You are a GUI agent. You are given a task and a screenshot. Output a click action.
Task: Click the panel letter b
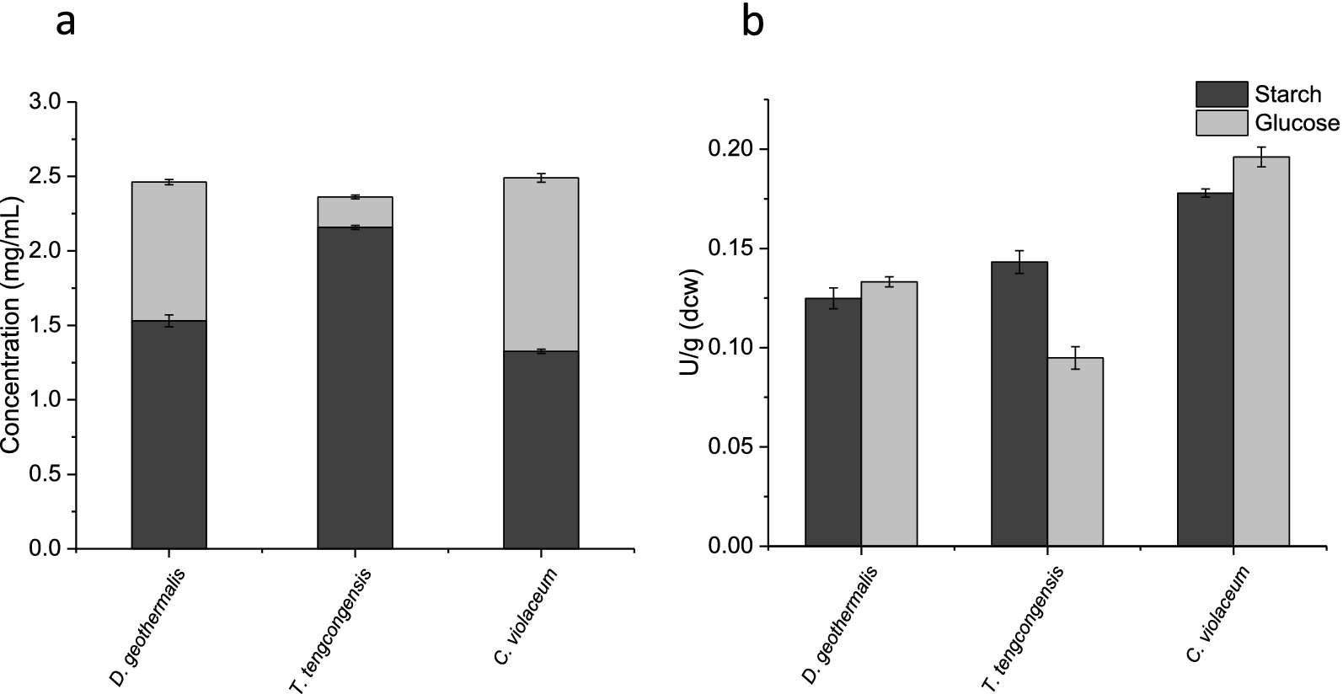752,22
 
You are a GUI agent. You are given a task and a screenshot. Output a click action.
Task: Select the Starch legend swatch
1221,93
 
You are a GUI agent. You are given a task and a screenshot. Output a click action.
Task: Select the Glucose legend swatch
1221,123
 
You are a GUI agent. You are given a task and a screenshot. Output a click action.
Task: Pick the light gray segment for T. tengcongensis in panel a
355,212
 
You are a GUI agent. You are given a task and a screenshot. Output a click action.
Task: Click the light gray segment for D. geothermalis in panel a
169,251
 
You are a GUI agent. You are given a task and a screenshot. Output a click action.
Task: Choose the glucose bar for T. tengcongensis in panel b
1075,451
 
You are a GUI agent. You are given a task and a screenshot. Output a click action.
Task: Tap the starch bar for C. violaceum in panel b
1205,371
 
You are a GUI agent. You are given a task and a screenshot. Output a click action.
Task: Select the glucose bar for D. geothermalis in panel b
889,413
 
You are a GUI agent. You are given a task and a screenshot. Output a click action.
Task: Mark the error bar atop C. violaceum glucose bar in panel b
1261,157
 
